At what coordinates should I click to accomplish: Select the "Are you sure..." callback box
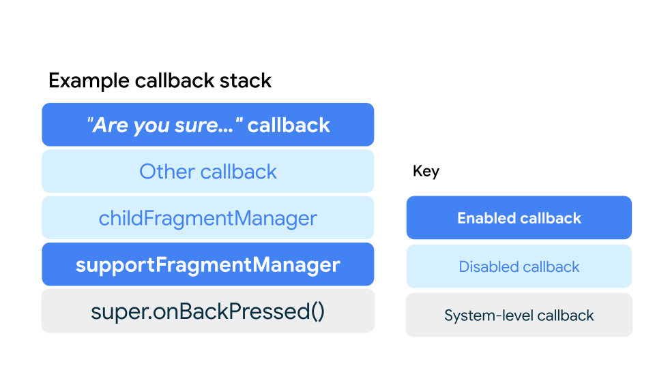pyautogui.click(x=208, y=125)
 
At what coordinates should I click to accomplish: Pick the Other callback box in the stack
pyautogui.click(x=208, y=171)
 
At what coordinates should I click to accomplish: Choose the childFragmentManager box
pyautogui.click(x=208, y=218)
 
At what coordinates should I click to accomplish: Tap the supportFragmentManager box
pyautogui.click(x=208, y=264)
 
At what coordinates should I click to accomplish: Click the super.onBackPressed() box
pyautogui.click(x=208, y=311)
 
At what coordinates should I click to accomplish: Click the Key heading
pyautogui.click(x=426, y=171)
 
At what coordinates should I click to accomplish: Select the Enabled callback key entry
pyautogui.click(x=519, y=218)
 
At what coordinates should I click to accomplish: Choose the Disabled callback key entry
pyautogui.click(x=519, y=266)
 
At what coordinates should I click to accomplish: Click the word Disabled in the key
pyautogui.click(x=487, y=266)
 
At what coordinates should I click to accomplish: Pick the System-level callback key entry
pyautogui.click(x=519, y=316)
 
